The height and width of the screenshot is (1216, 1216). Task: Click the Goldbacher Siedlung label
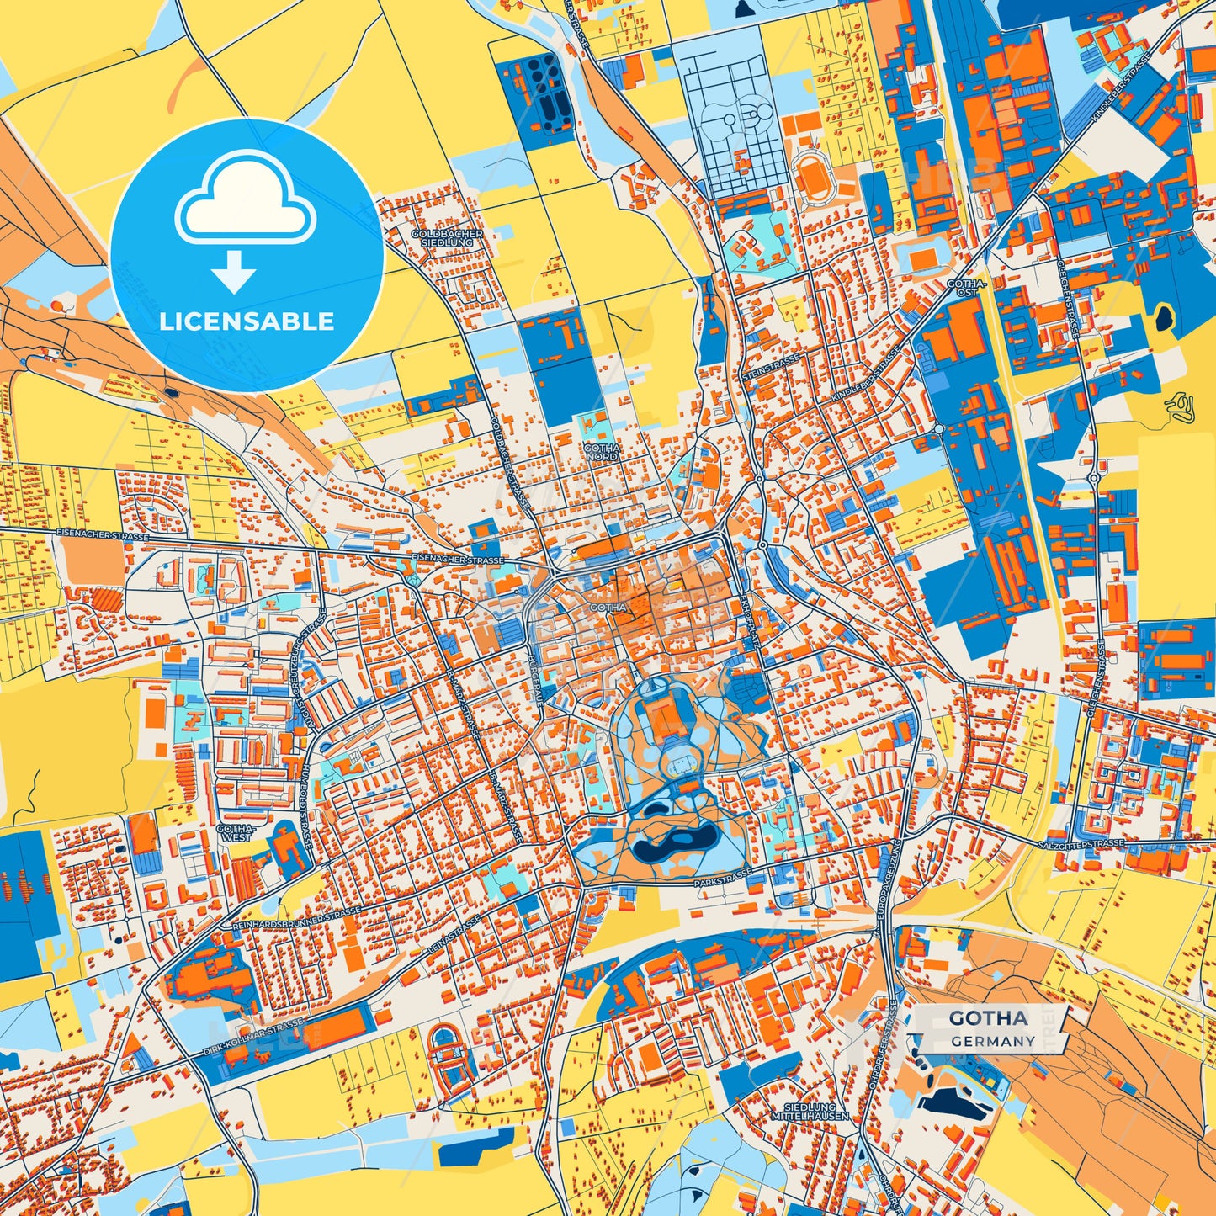447,237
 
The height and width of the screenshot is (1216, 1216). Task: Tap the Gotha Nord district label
601,453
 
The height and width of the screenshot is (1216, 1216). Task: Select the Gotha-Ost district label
962,288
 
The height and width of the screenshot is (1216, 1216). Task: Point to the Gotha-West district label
233,832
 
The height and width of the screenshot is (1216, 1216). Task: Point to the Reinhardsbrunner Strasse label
295,918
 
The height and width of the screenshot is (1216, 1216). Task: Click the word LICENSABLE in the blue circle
247,321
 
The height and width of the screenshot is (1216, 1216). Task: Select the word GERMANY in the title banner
993,1041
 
